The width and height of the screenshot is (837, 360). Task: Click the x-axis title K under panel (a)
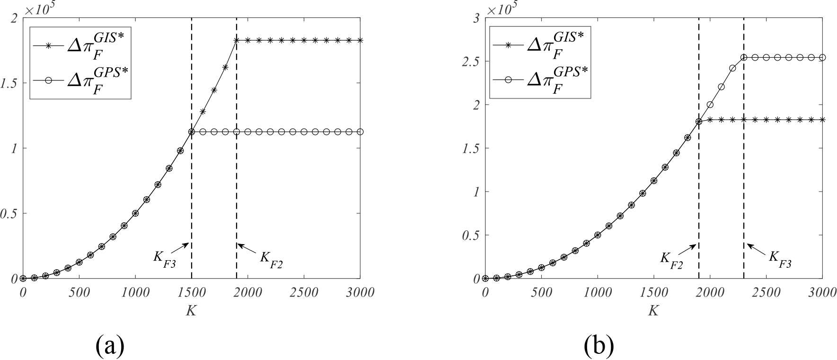click(192, 311)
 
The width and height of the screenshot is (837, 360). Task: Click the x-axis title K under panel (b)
click(653, 311)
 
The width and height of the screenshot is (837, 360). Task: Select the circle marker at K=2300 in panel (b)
click(744, 58)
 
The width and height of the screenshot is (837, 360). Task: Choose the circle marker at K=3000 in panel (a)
click(360, 132)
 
